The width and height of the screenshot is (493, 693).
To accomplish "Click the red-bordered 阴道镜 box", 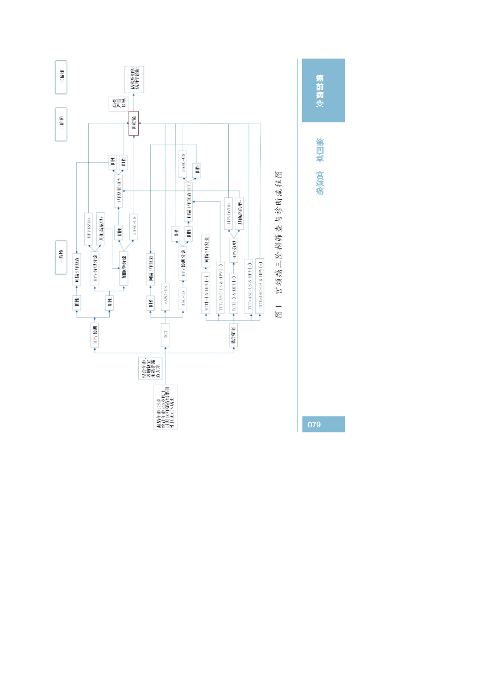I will [x=133, y=123].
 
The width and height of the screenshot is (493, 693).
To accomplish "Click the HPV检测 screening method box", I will [x=95, y=336].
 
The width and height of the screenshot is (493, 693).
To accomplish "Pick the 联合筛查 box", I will [x=234, y=335].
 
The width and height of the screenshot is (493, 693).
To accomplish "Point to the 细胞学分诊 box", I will [x=123, y=267].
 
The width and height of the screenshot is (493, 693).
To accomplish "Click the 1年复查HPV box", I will [x=119, y=191].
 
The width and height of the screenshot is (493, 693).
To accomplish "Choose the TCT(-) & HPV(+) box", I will [x=234, y=294].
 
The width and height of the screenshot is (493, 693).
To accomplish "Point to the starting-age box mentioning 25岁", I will [x=165, y=407].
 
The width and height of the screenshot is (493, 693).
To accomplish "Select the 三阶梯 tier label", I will [x=61, y=77].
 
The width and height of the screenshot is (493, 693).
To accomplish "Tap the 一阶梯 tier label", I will [x=61, y=257].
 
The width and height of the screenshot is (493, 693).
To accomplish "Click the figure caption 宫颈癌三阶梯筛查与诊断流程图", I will [x=279, y=244].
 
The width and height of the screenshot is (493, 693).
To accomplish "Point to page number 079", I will [x=314, y=424].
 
